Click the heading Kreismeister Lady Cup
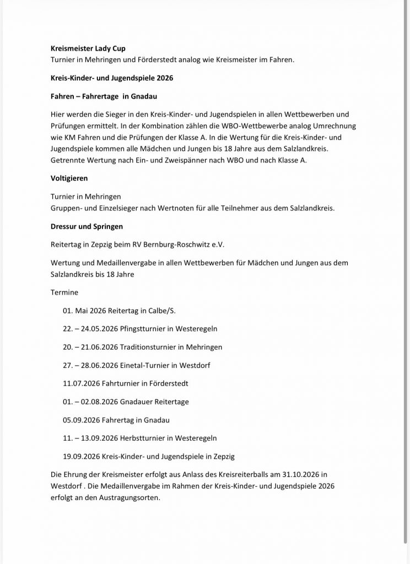(x=88, y=48)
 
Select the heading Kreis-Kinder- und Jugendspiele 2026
(x=111, y=78)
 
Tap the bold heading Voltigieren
(x=69, y=178)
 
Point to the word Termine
(x=64, y=292)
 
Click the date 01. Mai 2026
(x=84, y=311)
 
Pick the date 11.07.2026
(x=82, y=383)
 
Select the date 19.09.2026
(x=82, y=457)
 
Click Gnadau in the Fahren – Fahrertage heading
(x=145, y=96)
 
